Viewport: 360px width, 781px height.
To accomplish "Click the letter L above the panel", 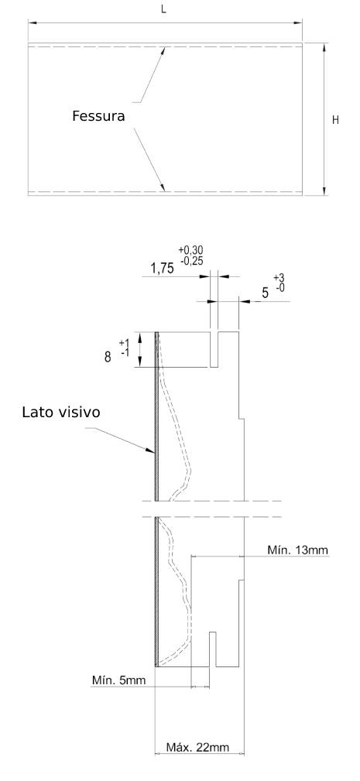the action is [164, 10].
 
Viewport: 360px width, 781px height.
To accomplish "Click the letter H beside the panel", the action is [335, 120].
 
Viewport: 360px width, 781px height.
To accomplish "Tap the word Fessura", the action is [98, 117].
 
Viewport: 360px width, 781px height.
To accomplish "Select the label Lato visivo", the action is [61, 413].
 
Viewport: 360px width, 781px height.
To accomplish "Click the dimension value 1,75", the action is [163, 269].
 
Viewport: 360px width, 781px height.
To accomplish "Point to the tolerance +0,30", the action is [190, 250].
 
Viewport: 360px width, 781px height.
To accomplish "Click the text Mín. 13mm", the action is [298, 550].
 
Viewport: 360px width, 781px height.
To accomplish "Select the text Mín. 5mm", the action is [119, 680].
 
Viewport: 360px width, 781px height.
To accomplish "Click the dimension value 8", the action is [108, 357].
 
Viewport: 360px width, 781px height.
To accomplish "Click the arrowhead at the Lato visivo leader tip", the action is [152, 450].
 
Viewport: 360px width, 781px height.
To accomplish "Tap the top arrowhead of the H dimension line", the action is [324, 47].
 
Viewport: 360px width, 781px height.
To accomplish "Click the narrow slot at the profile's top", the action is [214, 349].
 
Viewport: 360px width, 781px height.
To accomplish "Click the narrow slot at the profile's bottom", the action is [212, 649].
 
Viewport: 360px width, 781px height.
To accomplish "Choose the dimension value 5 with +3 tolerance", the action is [266, 293].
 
